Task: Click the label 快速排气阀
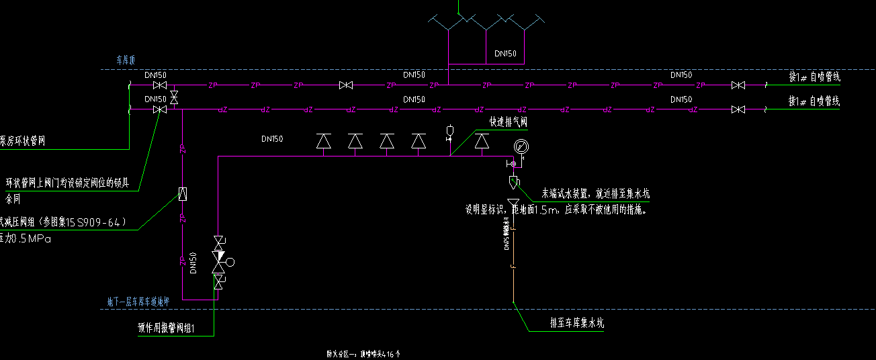point(509,122)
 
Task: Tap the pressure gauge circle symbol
point(521,146)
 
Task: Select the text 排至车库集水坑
point(576,323)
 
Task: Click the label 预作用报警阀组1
point(166,328)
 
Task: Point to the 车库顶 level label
point(127,60)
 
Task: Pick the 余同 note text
point(13,199)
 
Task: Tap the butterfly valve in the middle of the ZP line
point(346,85)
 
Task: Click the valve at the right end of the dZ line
point(738,109)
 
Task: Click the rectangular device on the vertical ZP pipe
point(182,194)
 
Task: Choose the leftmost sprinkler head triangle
point(324,141)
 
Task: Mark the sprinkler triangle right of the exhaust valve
point(482,141)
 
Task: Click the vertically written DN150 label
point(193,263)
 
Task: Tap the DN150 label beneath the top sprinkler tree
point(505,53)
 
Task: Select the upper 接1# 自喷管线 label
point(814,77)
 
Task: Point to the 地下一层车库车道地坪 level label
point(138,302)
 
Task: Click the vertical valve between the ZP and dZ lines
point(174,97)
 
